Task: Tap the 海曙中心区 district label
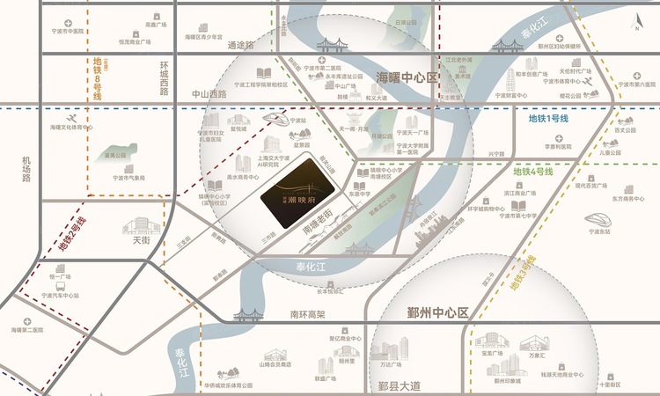407,77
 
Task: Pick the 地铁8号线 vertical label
98,78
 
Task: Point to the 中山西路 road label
209,92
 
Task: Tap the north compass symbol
632,21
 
